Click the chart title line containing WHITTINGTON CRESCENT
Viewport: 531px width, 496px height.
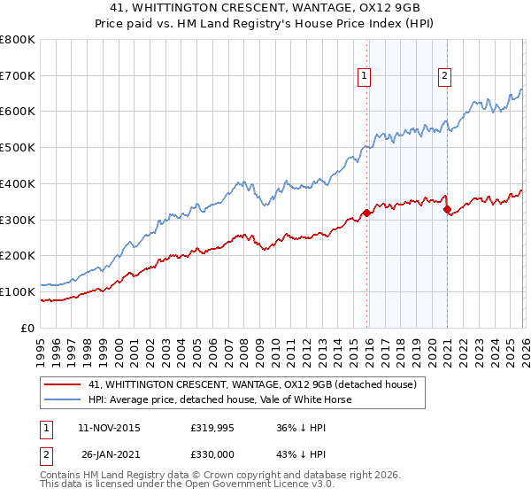coord(266,6)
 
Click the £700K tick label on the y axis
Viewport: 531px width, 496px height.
coord(18,76)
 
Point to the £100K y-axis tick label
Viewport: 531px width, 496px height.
coord(18,291)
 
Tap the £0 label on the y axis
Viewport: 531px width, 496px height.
coord(27,328)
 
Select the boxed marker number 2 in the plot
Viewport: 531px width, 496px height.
coord(443,77)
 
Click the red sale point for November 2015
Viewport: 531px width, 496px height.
coord(366,213)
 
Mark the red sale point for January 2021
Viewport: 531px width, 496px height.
coord(448,209)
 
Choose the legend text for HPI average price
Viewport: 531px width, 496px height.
coord(220,399)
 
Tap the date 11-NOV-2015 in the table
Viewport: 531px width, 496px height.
coord(109,428)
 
